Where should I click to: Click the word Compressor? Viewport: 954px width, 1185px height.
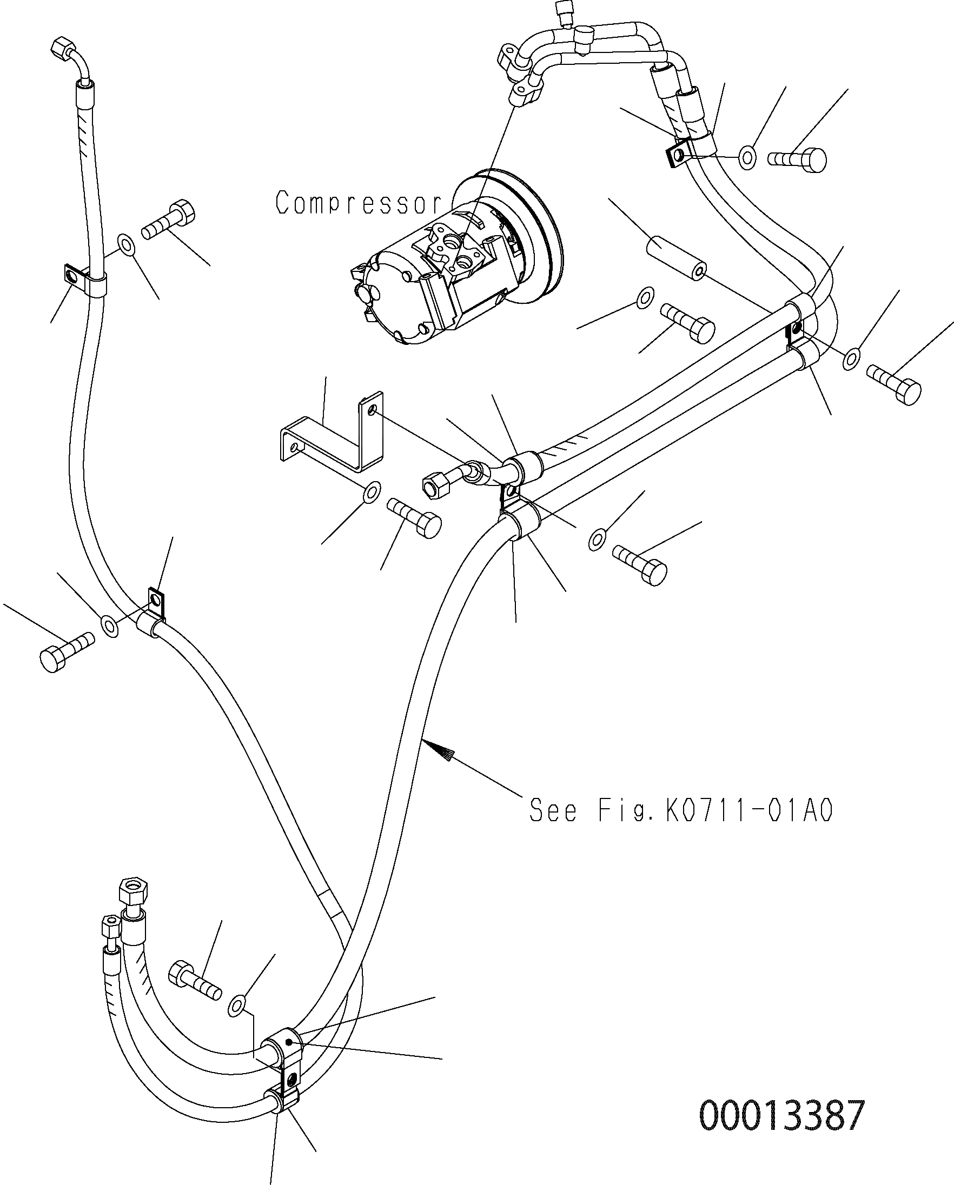pyautogui.click(x=359, y=203)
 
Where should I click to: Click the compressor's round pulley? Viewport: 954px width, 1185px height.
pyautogui.click(x=520, y=236)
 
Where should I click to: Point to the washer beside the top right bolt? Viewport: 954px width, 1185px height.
pyautogui.click(x=747, y=158)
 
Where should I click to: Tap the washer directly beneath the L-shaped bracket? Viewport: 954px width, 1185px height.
pyautogui.click(x=372, y=492)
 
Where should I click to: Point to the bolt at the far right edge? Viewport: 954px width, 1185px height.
pyautogui.click(x=894, y=385)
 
